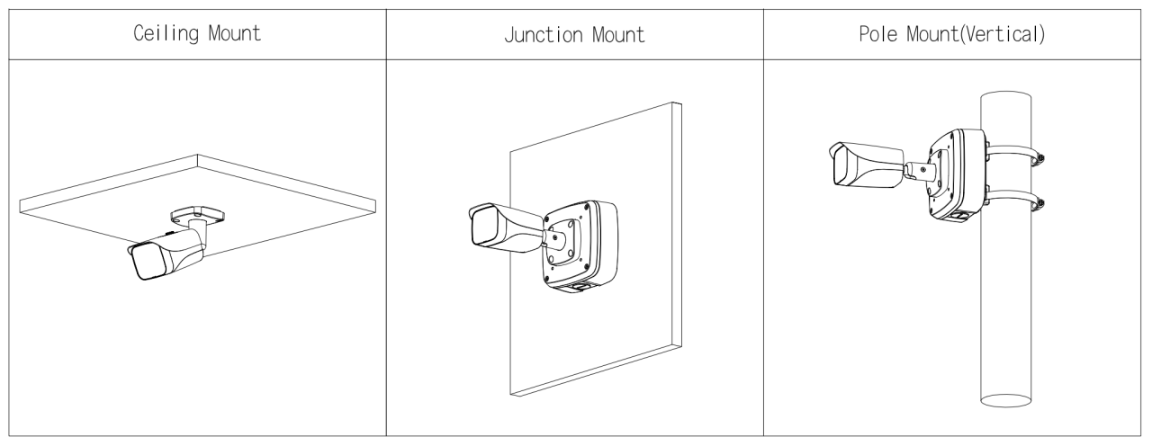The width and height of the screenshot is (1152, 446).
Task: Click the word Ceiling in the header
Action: tap(166, 34)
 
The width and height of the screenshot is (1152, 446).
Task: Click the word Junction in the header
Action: tap(544, 35)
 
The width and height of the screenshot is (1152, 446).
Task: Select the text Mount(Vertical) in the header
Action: tap(976, 34)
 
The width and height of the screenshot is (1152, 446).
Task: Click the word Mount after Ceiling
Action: tap(235, 33)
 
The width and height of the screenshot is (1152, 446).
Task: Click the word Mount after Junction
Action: tap(618, 35)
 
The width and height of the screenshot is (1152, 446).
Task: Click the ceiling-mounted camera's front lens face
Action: tap(148, 262)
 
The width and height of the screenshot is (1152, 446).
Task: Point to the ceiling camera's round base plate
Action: tap(197, 214)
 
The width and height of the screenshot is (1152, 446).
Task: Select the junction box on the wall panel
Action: tap(581, 245)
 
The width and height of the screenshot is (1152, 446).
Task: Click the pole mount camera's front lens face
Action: tap(844, 167)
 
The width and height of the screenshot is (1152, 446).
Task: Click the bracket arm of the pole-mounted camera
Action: tap(919, 171)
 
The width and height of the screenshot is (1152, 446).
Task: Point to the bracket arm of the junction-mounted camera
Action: tap(554, 239)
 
